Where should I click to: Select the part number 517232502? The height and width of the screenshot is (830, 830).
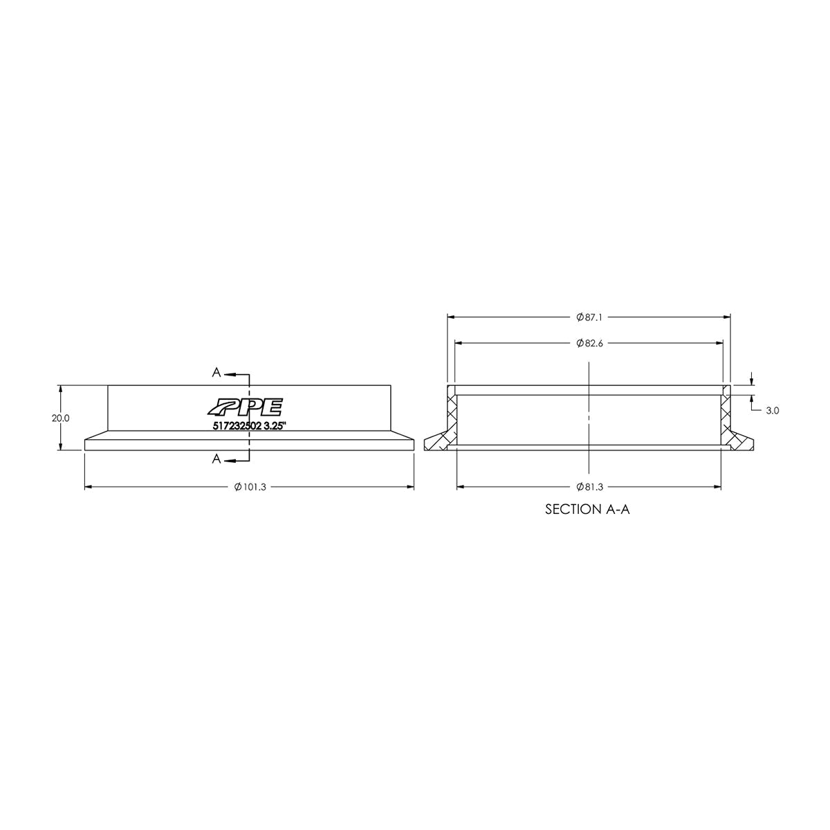pyautogui.click(x=237, y=427)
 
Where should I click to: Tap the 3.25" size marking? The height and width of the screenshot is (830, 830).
pyautogui.click(x=275, y=427)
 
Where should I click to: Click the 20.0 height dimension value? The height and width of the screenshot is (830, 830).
pyautogui.click(x=60, y=418)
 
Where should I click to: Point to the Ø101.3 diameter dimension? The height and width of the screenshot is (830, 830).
pyautogui.click(x=250, y=488)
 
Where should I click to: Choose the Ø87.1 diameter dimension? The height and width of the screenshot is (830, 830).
pyautogui.click(x=589, y=317)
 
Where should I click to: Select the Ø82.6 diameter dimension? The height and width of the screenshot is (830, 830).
pyautogui.click(x=589, y=343)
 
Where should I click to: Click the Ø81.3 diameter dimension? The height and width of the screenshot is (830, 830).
pyautogui.click(x=589, y=487)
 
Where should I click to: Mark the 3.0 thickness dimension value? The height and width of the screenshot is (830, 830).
pyautogui.click(x=773, y=410)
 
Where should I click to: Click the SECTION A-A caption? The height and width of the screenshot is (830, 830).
pyautogui.click(x=588, y=510)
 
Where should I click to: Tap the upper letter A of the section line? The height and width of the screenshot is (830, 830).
pyautogui.click(x=216, y=373)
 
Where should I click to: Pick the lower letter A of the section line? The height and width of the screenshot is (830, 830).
pyautogui.click(x=216, y=459)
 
